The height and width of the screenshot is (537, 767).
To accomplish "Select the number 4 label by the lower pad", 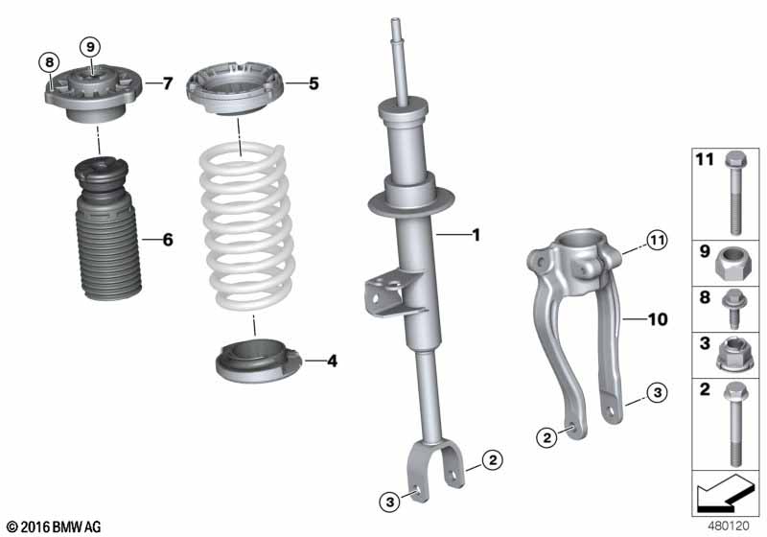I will coord(332,362).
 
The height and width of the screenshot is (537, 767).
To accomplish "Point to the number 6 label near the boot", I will coord(168,240).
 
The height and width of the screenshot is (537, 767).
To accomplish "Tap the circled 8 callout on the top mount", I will coord(48,63).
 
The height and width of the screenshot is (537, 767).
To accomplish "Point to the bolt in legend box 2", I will coord(733,422).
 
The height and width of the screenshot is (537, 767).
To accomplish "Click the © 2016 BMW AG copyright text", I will coord(53,526).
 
